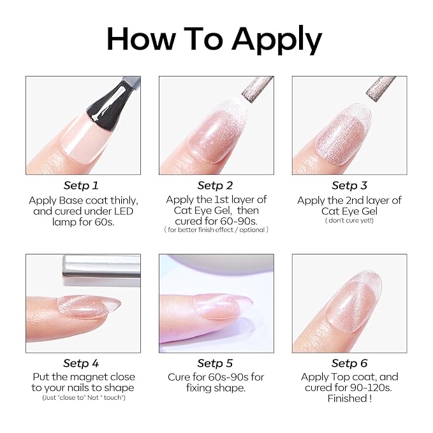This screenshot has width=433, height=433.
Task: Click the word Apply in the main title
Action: (277, 40)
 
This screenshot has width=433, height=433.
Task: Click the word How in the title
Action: (142, 39)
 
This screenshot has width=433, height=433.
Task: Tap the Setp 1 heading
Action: (81, 186)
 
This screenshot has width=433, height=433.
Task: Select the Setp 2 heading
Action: (215, 186)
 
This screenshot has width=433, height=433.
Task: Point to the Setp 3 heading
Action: (349, 186)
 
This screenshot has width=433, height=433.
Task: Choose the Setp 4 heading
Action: (81, 363)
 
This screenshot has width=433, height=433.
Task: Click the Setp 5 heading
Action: (215, 363)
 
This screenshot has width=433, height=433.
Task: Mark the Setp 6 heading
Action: (349, 363)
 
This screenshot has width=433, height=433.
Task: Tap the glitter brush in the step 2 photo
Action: (258, 89)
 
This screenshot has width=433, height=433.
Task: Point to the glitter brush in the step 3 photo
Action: (381, 89)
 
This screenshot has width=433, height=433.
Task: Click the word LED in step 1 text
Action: (124, 211)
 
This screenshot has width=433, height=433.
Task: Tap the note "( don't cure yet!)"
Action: (349, 221)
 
